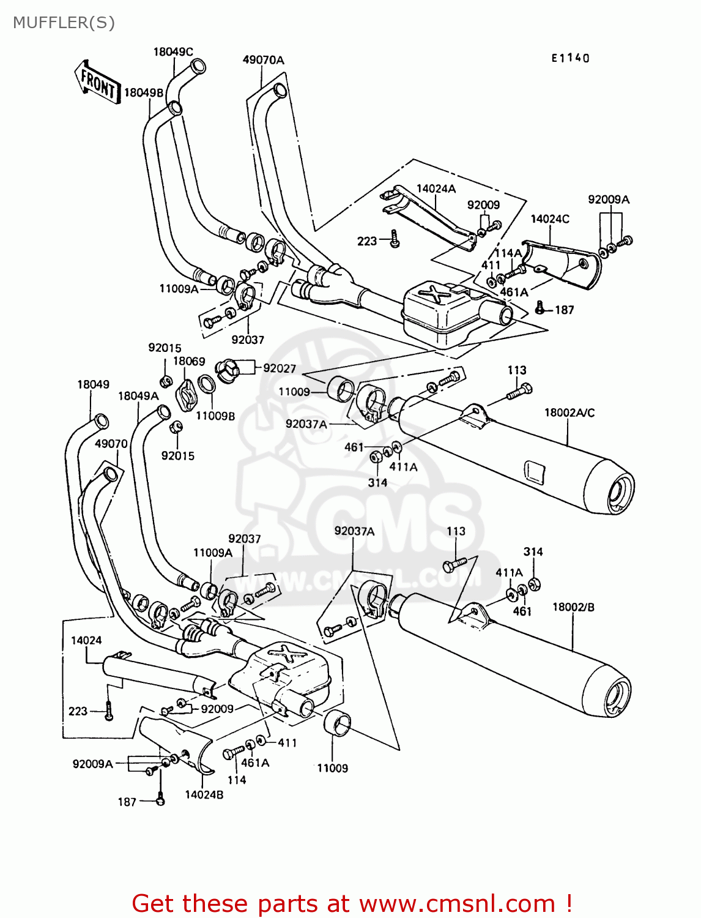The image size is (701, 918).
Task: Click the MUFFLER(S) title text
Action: [64, 23]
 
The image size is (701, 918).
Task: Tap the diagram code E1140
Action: [570, 58]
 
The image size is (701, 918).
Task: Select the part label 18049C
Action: [173, 52]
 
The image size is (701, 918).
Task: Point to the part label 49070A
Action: [263, 60]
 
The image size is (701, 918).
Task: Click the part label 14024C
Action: [550, 219]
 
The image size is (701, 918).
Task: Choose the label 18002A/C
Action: [569, 413]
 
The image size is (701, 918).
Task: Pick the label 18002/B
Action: [573, 607]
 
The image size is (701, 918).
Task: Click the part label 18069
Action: [189, 362]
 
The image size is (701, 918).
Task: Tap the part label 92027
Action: [280, 368]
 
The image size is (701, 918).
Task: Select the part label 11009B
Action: [215, 416]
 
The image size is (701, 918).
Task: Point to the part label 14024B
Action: [204, 794]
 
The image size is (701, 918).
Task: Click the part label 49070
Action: [111, 444]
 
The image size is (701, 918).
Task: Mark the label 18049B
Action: [144, 93]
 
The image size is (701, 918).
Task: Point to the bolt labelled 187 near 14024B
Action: [160, 799]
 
